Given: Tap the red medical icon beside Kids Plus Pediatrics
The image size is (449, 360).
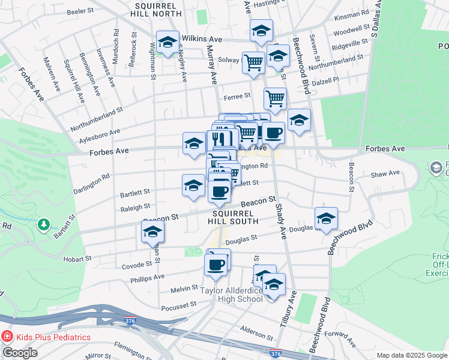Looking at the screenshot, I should click(7, 337).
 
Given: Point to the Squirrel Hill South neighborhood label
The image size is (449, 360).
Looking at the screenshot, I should click(233, 217).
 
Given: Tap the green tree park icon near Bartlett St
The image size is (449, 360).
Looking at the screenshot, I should click(43, 224).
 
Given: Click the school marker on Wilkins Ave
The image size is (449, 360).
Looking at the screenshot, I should click(167, 42).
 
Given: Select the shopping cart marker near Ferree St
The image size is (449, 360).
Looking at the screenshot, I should click(275, 98).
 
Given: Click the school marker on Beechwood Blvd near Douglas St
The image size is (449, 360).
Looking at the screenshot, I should click(326, 218).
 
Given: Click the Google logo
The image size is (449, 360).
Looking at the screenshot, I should click(20, 353).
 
